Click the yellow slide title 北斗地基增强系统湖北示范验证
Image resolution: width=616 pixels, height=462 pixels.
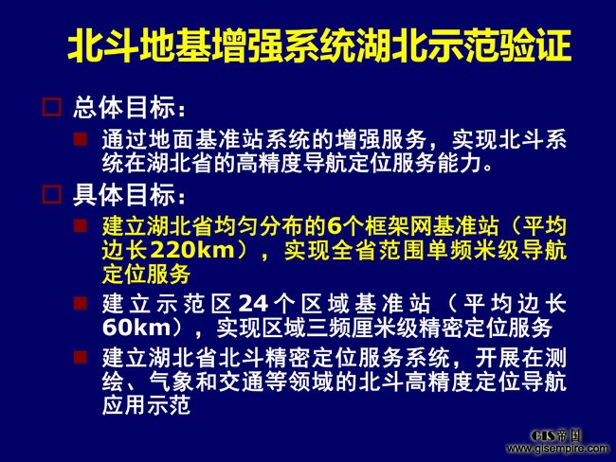click(x=319, y=45)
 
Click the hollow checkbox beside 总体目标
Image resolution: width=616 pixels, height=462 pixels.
click(x=52, y=107)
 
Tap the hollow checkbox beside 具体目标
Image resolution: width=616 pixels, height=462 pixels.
click(x=52, y=194)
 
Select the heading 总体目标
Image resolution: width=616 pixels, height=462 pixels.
click(x=129, y=107)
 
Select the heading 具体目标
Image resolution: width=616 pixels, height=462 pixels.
click(x=129, y=195)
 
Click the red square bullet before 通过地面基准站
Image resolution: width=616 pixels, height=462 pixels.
click(x=81, y=139)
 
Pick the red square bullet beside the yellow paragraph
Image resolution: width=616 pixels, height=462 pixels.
click(x=81, y=225)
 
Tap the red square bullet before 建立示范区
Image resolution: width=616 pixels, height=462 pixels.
click(x=81, y=303)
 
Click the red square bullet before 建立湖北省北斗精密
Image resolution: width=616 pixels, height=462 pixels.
click(x=81, y=357)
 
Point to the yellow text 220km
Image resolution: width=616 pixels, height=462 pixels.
click(x=192, y=250)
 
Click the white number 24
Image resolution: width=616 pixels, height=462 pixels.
click(x=253, y=304)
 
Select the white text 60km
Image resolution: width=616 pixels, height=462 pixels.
click(x=136, y=328)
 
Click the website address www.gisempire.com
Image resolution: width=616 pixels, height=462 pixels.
click(x=558, y=448)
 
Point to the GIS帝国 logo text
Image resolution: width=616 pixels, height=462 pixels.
click(x=555, y=435)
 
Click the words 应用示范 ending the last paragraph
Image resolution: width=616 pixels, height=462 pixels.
click(x=147, y=405)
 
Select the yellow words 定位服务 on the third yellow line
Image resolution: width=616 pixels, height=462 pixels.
click(x=147, y=274)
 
